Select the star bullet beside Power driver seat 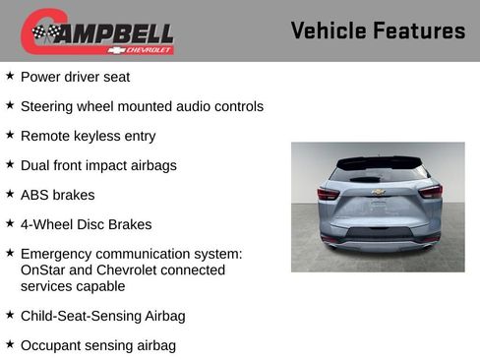10,76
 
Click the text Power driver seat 75,77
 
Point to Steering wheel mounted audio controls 142,106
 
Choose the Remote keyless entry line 88,136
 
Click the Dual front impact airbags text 98,165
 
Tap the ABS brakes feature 57,195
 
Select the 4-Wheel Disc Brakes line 86,224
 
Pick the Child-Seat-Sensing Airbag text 102,316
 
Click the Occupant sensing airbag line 97,345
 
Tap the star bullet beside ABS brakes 10,194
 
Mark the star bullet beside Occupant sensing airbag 10,344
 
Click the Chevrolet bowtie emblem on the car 378,193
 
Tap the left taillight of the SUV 328,193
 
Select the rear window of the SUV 378,173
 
